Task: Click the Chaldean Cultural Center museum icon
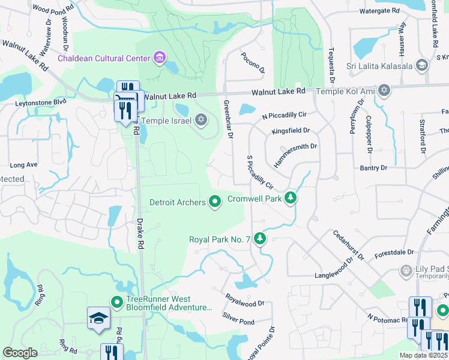click(x=160, y=58)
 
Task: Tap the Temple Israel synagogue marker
click(x=201, y=121)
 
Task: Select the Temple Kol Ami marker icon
click(x=384, y=91)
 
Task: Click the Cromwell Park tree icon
click(x=291, y=197)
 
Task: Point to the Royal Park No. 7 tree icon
click(x=259, y=239)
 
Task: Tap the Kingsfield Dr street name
click(x=291, y=130)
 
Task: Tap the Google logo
click(x=20, y=353)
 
